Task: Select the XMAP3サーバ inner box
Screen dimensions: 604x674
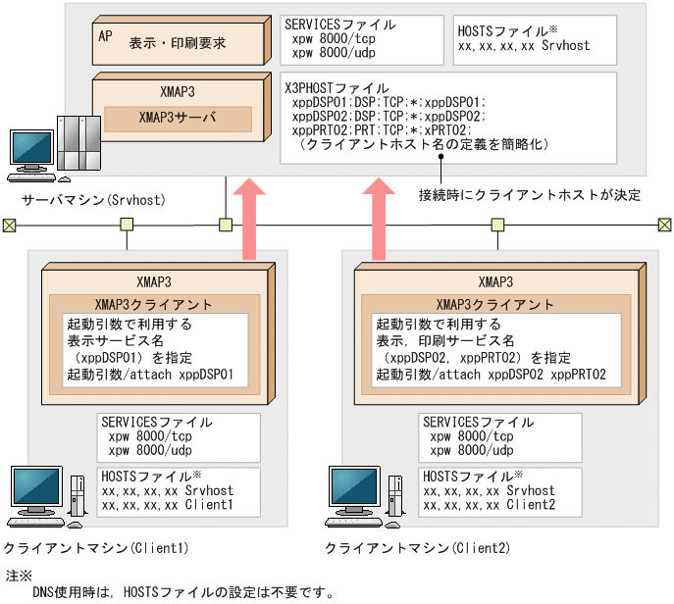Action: coord(178,119)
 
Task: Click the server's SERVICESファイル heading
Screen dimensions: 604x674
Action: coord(338,25)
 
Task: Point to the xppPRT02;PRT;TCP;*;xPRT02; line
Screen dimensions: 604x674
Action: coord(384,129)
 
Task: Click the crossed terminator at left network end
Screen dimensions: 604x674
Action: coord(9,225)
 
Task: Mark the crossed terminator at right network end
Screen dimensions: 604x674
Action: coord(663,225)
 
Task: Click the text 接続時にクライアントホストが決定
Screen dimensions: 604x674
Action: coord(530,195)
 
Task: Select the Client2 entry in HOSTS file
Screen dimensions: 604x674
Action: coord(490,505)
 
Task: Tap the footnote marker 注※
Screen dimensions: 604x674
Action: coord(19,575)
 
